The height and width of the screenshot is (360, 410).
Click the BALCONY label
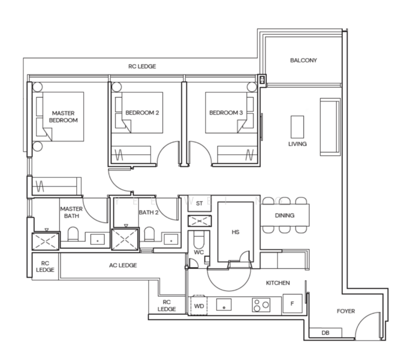303,61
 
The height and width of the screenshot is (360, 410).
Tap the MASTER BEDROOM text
64,116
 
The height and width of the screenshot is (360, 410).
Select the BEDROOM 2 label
141,113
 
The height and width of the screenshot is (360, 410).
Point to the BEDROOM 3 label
226,113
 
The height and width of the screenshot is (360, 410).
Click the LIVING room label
297,144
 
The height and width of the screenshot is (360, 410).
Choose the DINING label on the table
285,215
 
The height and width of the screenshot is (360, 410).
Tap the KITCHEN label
278,283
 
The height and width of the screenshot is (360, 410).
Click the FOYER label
345,311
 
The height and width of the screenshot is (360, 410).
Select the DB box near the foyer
325,332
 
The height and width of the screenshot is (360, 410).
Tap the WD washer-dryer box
200,305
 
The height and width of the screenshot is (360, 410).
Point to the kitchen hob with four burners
261,305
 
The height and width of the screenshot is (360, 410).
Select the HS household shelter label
236,232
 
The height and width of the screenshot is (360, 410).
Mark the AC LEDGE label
122,265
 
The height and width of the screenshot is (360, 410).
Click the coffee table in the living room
297,127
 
